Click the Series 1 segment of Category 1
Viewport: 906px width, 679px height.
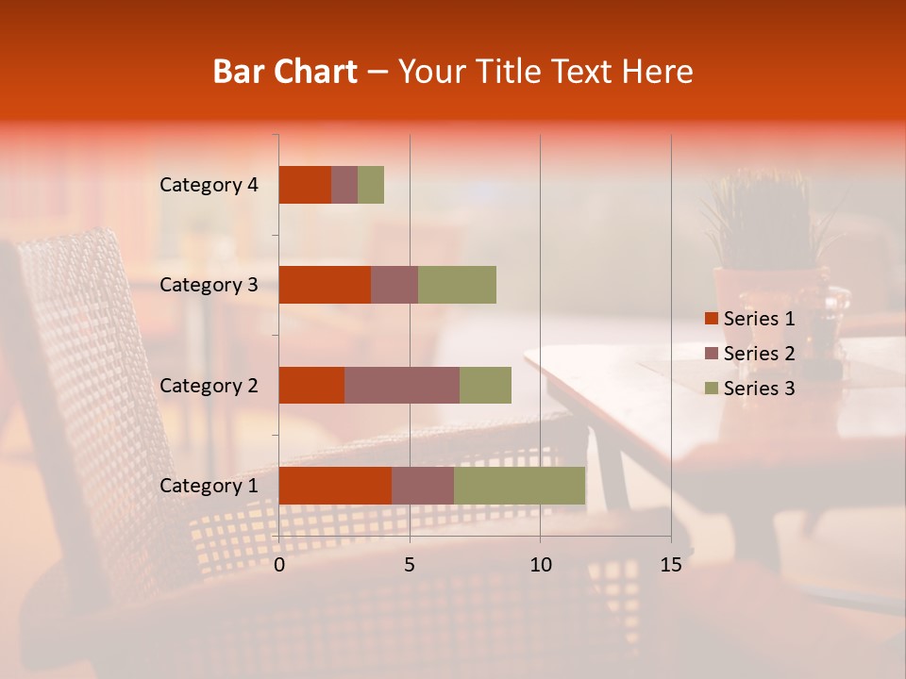[x=335, y=485]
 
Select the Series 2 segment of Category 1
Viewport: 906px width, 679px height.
[x=423, y=485]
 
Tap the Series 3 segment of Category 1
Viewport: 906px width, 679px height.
[x=519, y=485]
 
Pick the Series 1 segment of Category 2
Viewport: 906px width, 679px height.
[x=311, y=385]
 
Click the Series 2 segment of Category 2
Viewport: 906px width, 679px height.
[x=402, y=385]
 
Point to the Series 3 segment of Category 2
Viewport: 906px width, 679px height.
[x=485, y=385]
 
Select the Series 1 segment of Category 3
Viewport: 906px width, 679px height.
[x=325, y=285]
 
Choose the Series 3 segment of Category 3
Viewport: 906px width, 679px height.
[x=457, y=285]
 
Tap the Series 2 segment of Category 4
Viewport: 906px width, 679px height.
[x=344, y=185]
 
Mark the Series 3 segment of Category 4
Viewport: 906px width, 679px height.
[x=371, y=185]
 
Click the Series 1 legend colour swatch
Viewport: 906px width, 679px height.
[x=711, y=319]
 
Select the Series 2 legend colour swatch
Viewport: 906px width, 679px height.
[x=711, y=354]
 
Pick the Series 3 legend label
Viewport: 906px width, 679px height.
[x=759, y=389]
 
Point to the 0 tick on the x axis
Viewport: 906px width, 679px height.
[x=279, y=565]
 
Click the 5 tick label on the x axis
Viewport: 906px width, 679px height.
[x=410, y=565]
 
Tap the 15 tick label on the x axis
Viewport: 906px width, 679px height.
[x=671, y=565]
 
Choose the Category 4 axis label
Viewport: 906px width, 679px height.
[x=209, y=185]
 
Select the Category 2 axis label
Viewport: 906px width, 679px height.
[x=209, y=385]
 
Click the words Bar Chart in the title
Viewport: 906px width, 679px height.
[x=285, y=72]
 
